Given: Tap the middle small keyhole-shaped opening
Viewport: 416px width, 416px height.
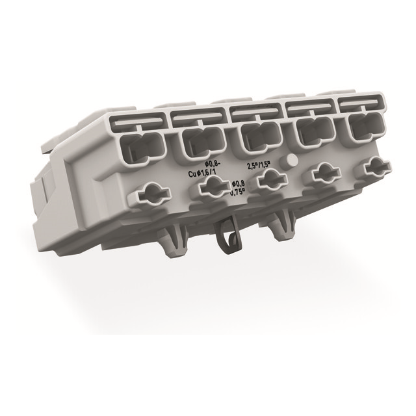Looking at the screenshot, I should coord(267,179).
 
